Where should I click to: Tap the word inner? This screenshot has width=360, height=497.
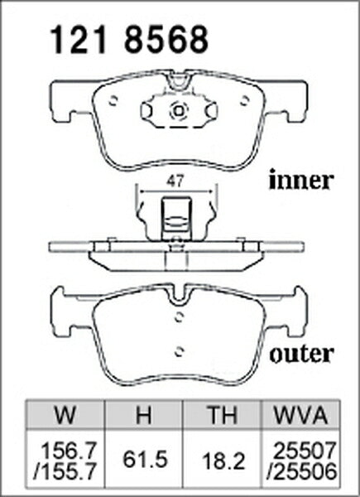301,180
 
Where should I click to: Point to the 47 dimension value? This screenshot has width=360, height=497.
175,181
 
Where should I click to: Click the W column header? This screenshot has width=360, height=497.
65,415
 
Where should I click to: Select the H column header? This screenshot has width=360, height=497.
143,415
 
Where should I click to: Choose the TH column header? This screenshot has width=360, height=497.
222,415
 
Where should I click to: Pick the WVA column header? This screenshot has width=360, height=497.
300,415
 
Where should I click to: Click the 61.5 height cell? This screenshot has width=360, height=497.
145,460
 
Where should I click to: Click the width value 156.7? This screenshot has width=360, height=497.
69,451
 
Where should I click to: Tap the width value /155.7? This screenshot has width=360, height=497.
65,472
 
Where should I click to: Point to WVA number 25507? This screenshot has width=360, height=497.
305,451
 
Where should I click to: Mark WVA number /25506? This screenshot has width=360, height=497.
301,472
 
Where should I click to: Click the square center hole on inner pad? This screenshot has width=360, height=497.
179,111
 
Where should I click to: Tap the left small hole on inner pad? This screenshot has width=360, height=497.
113,100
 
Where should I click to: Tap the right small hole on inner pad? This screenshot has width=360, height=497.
244,100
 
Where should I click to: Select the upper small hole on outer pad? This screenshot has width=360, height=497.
180,317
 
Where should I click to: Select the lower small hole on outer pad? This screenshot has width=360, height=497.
180,350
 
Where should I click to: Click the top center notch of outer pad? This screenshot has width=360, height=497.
180,297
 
